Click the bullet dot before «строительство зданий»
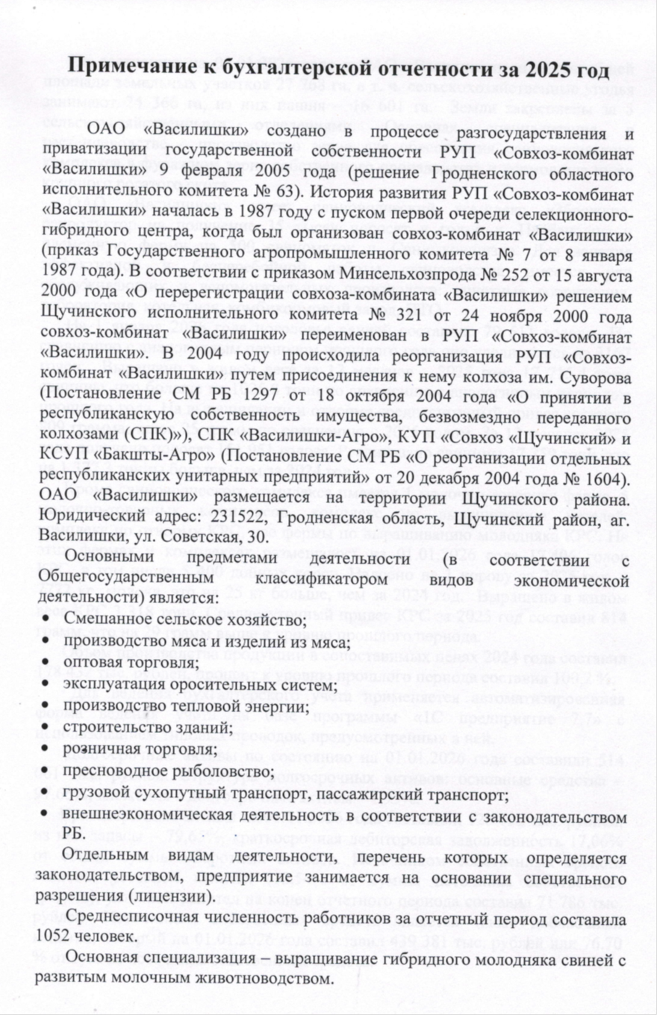point(48,727)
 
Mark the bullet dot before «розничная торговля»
point(48,749)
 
